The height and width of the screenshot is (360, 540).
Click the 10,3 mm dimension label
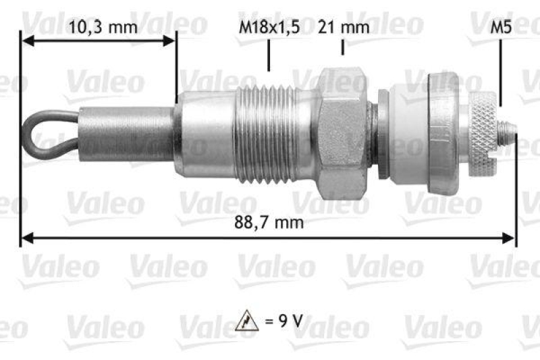click(103, 28)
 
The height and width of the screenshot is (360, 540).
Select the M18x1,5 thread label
click(269, 28)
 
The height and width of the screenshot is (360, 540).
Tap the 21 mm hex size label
click(344, 28)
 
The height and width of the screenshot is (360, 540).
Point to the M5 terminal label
click(500, 28)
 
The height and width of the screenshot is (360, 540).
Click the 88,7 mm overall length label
click(269, 222)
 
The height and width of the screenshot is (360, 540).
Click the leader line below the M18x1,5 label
click(269, 55)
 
